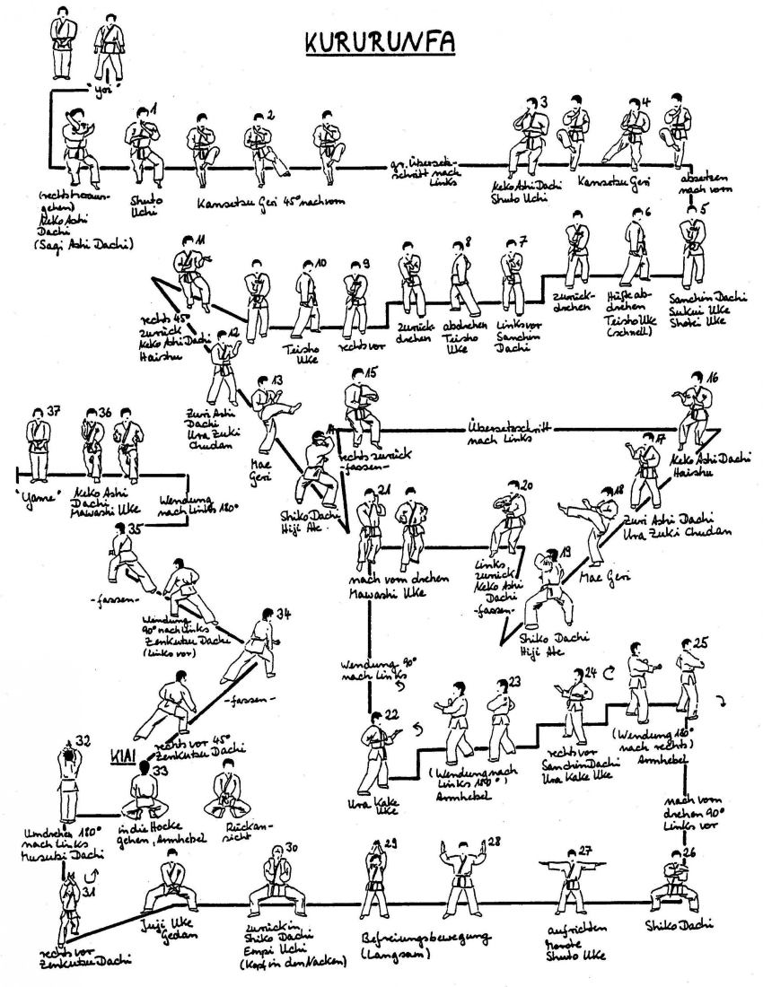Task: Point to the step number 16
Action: pyautogui.click(x=713, y=376)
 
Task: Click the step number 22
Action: pyautogui.click(x=390, y=714)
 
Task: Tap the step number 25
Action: pyautogui.click(x=701, y=642)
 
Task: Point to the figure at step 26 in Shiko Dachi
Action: pyautogui.click(x=671, y=884)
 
